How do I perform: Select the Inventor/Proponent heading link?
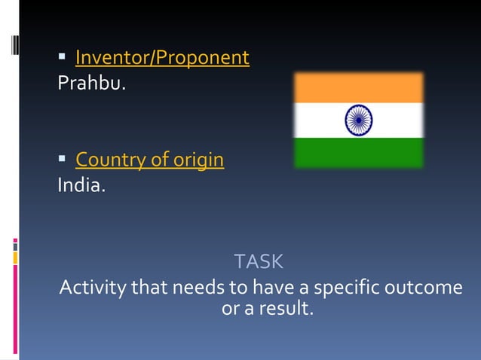[x=162, y=57]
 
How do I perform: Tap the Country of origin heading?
[x=149, y=160]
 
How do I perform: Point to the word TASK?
[x=259, y=262]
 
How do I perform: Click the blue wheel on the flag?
[x=358, y=120]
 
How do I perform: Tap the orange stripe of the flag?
[x=358, y=88]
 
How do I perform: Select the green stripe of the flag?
[x=358, y=152]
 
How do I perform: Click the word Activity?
[x=92, y=288]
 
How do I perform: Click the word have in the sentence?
[x=274, y=288]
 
